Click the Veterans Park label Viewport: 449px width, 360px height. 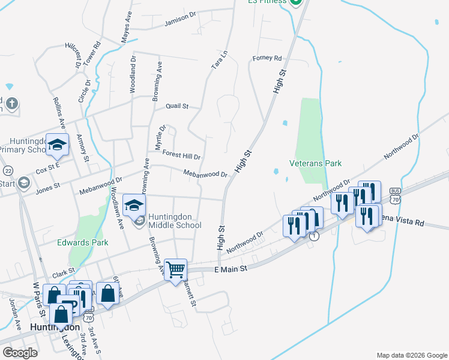[x=315, y=163]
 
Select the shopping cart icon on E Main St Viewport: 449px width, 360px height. [x=176, y=270]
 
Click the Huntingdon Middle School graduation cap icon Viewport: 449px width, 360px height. [x=134, y=205]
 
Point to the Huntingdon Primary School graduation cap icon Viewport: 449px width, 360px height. [x=57, y=145]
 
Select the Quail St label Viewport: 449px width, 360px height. [x=177, y=106]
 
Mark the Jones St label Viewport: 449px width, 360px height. [x=48, y=187]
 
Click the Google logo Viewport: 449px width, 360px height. [x=20, y=353]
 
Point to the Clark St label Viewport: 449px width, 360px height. [x=63, y=274]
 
